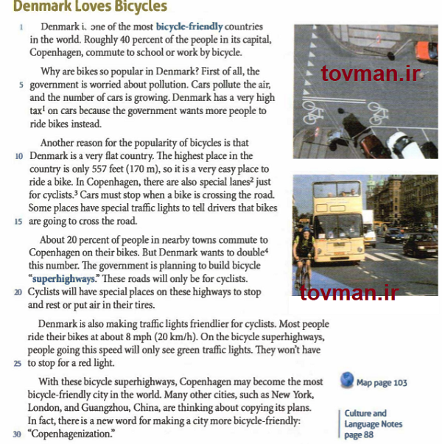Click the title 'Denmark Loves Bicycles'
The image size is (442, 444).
pos(90,7)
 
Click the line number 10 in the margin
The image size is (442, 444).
pos(18,156)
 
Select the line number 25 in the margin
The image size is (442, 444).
pos(17,363)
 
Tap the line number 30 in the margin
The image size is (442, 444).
pos(17,434)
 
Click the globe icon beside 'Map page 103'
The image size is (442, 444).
pos(347,381)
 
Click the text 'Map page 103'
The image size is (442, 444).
pos(381,383)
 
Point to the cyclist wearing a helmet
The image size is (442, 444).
pos(303,250)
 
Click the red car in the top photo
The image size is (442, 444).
pos(427,51)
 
